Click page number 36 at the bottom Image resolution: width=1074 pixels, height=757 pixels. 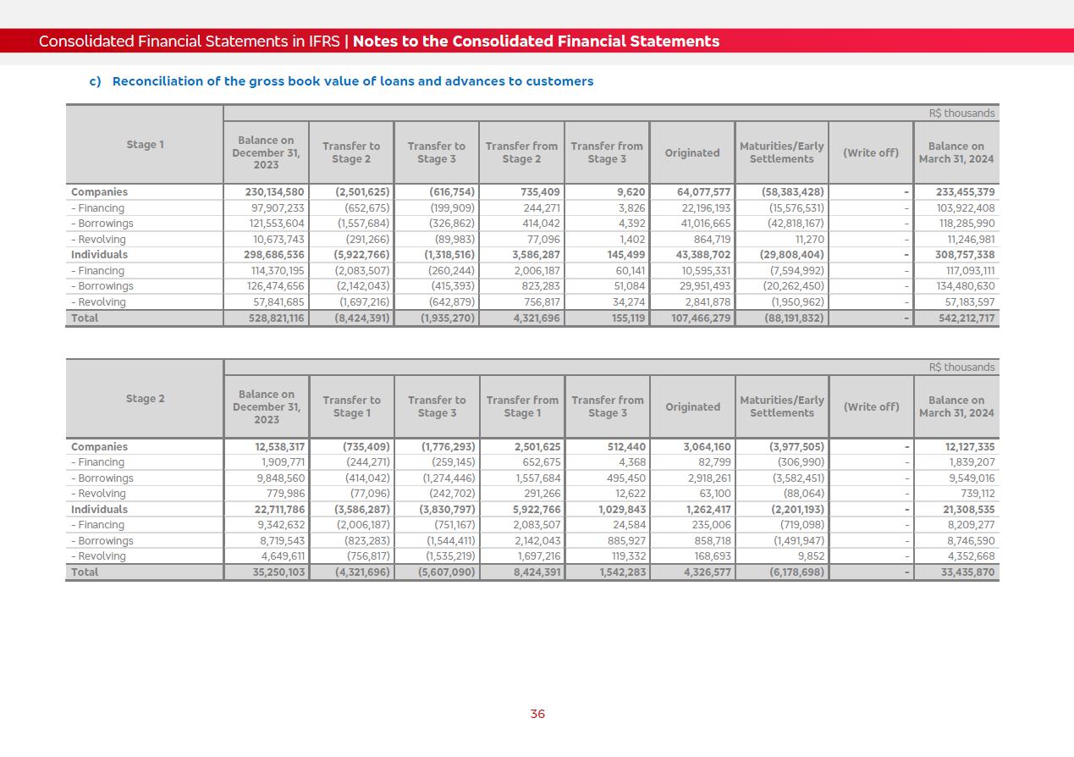[x=537, y=714]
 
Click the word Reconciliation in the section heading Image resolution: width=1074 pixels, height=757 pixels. [x=155, y=81]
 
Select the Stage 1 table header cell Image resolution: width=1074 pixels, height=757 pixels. [x=145, y=145]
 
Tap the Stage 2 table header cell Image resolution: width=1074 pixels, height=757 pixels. [x=145, y=399]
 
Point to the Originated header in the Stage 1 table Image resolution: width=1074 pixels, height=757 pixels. [x=691, y=153]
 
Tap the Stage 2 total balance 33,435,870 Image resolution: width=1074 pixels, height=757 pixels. [x=967, y=572]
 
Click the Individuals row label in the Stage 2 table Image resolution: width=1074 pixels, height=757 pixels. [x=99, y=510]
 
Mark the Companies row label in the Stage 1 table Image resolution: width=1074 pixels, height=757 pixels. [x=99, y=192]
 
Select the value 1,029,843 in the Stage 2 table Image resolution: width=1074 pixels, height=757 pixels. [x=622, y=510]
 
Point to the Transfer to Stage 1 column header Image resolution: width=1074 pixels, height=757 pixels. [x=351, y=407]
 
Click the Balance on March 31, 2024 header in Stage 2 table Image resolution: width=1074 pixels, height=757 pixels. [x=956, y=407]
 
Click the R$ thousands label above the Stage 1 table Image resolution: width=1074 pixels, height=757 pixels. [x=961, y=113]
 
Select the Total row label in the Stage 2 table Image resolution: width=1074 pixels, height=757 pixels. [x=85, y=572]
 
